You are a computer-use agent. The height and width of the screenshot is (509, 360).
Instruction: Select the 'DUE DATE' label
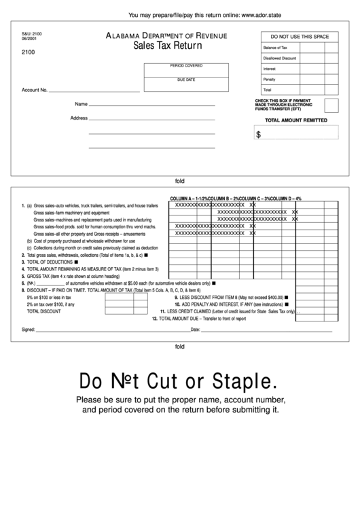coord(185,80)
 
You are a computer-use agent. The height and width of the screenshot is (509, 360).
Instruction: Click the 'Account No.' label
coord(34,90)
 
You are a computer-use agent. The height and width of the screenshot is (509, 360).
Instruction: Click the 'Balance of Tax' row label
coord(275,48)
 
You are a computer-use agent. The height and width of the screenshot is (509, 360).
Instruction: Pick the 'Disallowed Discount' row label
coord(279,58)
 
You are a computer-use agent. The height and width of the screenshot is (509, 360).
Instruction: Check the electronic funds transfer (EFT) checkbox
coord(331,105)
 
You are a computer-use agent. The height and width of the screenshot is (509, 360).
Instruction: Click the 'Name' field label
coord(81,105)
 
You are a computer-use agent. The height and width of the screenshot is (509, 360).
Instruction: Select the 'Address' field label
coord(79,118)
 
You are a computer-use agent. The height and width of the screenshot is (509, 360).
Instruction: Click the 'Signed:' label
coord(28,330)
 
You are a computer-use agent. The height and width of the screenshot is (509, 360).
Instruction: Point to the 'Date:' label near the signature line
coord(195,330)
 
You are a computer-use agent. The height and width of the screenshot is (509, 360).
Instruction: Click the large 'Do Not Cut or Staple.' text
coord(179,379)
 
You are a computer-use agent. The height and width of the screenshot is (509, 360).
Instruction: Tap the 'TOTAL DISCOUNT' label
coord(43,311)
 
